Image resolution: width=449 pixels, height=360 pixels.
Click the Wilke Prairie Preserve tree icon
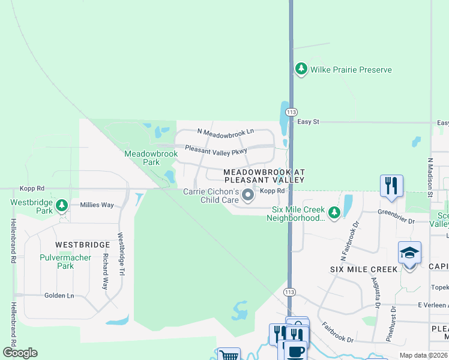pos(301,70)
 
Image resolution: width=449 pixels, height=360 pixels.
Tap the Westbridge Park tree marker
pos(61,206)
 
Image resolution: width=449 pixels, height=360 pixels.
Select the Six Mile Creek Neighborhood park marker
pos(334,212)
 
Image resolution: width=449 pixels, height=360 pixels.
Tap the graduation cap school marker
pos(409,254)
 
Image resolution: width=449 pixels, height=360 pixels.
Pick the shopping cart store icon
pos(228,355)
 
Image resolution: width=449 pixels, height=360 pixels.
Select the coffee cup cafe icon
pos(294,352)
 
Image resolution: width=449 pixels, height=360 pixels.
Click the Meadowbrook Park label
pos(151,158)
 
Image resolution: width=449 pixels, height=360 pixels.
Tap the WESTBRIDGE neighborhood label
pos(83,245)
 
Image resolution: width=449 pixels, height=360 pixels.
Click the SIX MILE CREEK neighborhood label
pos(364,269)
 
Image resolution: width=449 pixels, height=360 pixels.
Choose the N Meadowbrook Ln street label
pos(226,131)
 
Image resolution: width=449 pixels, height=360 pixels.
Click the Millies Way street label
pos(97,205)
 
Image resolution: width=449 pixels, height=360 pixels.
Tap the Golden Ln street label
pos(59,295)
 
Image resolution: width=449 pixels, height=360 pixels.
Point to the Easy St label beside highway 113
pos(308,122)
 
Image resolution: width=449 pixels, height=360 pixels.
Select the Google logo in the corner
pos(20,353)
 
